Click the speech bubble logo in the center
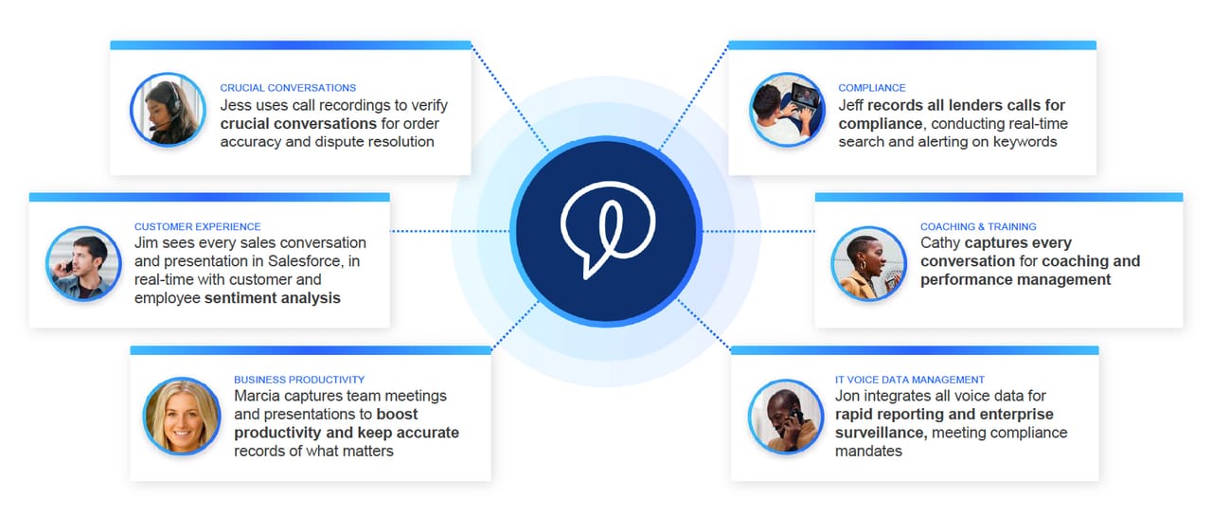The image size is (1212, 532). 605,231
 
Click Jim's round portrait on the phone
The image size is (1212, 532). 83,263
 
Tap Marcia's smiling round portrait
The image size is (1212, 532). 181,416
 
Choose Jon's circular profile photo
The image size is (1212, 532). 785,416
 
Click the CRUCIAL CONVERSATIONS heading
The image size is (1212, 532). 288,88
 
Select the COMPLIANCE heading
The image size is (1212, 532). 871,88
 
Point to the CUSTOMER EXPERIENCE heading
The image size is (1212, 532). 197,227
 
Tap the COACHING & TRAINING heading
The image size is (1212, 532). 978,227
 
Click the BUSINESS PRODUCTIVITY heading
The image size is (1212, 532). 299,380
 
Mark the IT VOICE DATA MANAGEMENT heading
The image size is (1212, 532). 910,380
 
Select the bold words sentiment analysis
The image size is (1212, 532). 273,298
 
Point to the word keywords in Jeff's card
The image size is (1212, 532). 1025,142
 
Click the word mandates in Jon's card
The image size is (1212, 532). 868,452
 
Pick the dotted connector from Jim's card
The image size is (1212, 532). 450,231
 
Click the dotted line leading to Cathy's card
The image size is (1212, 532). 757,231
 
